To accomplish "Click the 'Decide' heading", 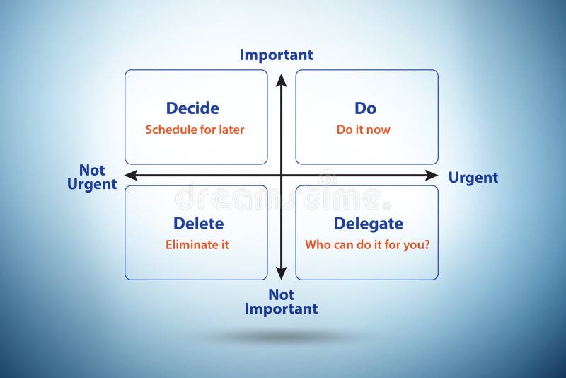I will pyautogui.click(x=192, y=108).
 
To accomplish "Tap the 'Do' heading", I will pyautogui.click(x=365, y=108).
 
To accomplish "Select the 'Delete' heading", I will pyautogui.click(x=198, y=224).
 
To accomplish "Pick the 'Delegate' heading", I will pyautogui.click(x=368, y=224).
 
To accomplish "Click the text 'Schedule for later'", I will pyautogui.click(x=195, y=130).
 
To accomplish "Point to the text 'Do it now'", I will pyautogui.click(x=363, y=130).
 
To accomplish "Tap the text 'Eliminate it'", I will pyautogui.click(x=197, y=245).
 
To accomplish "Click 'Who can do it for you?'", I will pyautogui.click(x=367, y=245).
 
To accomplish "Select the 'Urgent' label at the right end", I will pyautogui.click(x=473, y=178).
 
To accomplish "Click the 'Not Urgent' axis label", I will pyautogui.click(x=92, y=177).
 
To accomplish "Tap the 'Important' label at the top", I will pyautogui.click(x=276, y=55).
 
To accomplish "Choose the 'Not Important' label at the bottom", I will pyautogui.click(x=281, y=302).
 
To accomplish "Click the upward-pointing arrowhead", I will pyautogui.click(x=281, y=79).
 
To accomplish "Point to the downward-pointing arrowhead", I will pyautogui.click(x=281, y=273).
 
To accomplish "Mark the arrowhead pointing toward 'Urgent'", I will pyautogui.click(x=432, y=175).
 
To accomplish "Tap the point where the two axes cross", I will pyautogui.click(x=281, y=175).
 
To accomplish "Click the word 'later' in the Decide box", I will pyautogui.click(x=231, y=130).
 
